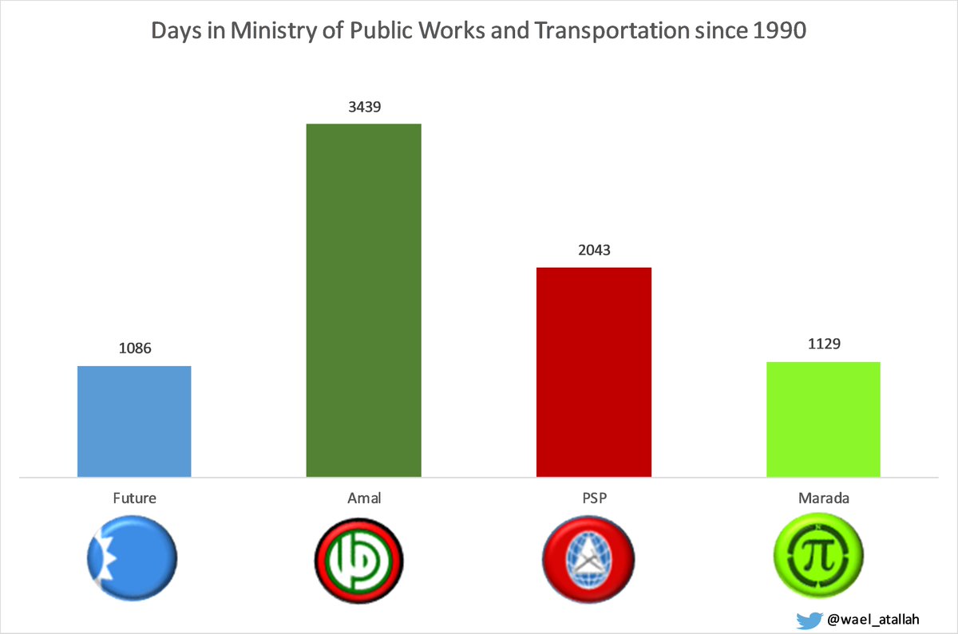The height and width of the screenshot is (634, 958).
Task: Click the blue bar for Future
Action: coord(134,421)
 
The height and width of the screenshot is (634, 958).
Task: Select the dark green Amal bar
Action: coord(363,301)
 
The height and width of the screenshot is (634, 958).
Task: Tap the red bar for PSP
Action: coord(593,372)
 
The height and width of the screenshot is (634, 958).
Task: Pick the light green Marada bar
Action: coord(823,419)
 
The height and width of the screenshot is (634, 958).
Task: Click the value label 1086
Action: coord(134,349)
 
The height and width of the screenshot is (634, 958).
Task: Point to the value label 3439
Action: coord(363,106)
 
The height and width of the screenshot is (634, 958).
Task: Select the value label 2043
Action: coord(593,250)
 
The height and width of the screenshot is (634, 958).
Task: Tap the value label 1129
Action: coord(823,344)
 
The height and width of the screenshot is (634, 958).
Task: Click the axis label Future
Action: coord(134,498)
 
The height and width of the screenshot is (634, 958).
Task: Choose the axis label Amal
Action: coord(363,498)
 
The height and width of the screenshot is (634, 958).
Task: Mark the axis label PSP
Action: coord(593,498)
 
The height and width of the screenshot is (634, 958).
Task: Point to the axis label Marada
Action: coord(823,498)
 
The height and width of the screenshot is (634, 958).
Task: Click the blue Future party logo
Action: coord(133,554)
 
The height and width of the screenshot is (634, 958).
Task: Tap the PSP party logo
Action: coord(588,554)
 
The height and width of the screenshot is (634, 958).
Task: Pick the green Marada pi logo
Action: coord(819,554)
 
